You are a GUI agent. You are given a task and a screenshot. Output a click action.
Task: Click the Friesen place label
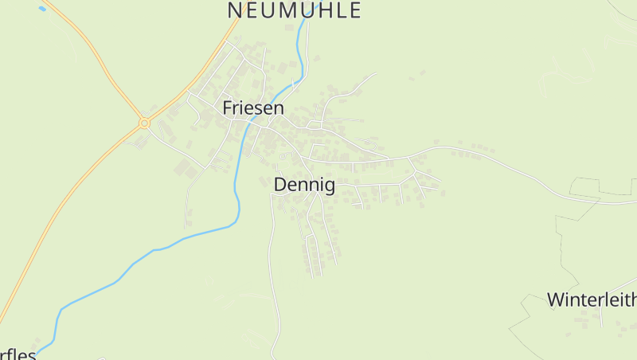253,108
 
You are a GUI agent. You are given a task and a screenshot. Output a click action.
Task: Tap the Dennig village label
304,185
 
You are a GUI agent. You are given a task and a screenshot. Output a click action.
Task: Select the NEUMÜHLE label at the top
294,10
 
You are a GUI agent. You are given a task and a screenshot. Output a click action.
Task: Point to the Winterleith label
592,300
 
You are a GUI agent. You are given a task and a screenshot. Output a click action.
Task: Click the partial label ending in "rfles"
18,354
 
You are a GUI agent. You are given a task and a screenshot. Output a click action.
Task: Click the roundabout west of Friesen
144,123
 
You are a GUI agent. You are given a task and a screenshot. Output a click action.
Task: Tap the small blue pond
41,8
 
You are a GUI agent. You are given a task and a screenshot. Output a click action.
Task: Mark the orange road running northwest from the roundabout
96,56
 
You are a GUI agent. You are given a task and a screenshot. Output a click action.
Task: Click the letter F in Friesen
228,108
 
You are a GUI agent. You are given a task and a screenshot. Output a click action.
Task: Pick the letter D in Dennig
279,185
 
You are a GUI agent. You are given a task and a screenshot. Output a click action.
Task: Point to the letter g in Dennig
329,186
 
